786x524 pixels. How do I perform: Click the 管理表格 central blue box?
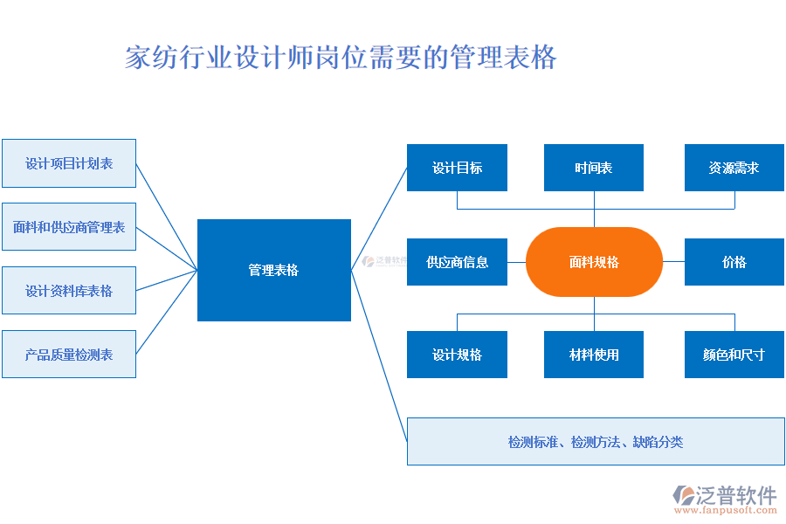click(273, 270)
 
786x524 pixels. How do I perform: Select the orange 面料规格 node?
click(594, 262)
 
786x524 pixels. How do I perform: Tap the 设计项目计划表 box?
click(69, 163)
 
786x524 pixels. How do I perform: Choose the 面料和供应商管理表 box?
click(69, 227)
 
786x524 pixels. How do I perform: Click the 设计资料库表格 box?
click(69, 291)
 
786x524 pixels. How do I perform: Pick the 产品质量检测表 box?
click(69, 355)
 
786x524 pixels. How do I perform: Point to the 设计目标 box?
click(457, 168)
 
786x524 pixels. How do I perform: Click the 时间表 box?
click(594, 168)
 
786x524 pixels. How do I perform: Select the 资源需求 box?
click(734, 168)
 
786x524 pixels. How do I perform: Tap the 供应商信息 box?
click(457, 262)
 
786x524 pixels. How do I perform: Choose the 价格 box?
click(734, 262)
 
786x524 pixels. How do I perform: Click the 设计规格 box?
click(457, 355)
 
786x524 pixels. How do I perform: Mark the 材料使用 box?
click(594, 355)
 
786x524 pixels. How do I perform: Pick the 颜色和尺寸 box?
click(734, 355)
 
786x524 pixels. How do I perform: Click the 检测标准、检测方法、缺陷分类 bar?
click(596, 442)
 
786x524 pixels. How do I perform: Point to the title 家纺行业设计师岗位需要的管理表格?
click(341, 58)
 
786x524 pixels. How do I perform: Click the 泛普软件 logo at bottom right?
click(725, 495)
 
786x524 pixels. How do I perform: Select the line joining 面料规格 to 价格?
click(673, 262)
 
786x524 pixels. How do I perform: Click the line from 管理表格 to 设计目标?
click(379, 219)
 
